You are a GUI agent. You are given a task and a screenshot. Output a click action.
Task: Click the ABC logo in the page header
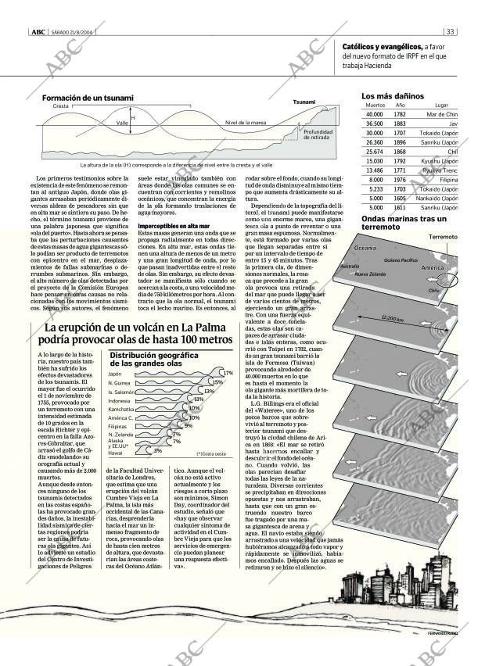pos(37,32)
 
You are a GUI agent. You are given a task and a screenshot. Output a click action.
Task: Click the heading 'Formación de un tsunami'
pos(88,98)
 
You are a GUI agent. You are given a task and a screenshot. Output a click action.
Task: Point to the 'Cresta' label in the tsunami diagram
pos(60,106)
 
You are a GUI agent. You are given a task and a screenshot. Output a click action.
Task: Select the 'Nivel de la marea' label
pos(246,123)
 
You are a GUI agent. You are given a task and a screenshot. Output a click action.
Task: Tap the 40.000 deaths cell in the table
pos(374,115)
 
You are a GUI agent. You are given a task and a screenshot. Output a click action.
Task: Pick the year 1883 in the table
pos(400,124)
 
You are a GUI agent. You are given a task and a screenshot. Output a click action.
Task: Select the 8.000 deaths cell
pos(375,179)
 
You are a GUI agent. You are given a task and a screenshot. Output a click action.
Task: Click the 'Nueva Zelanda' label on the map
pos(370,274)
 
